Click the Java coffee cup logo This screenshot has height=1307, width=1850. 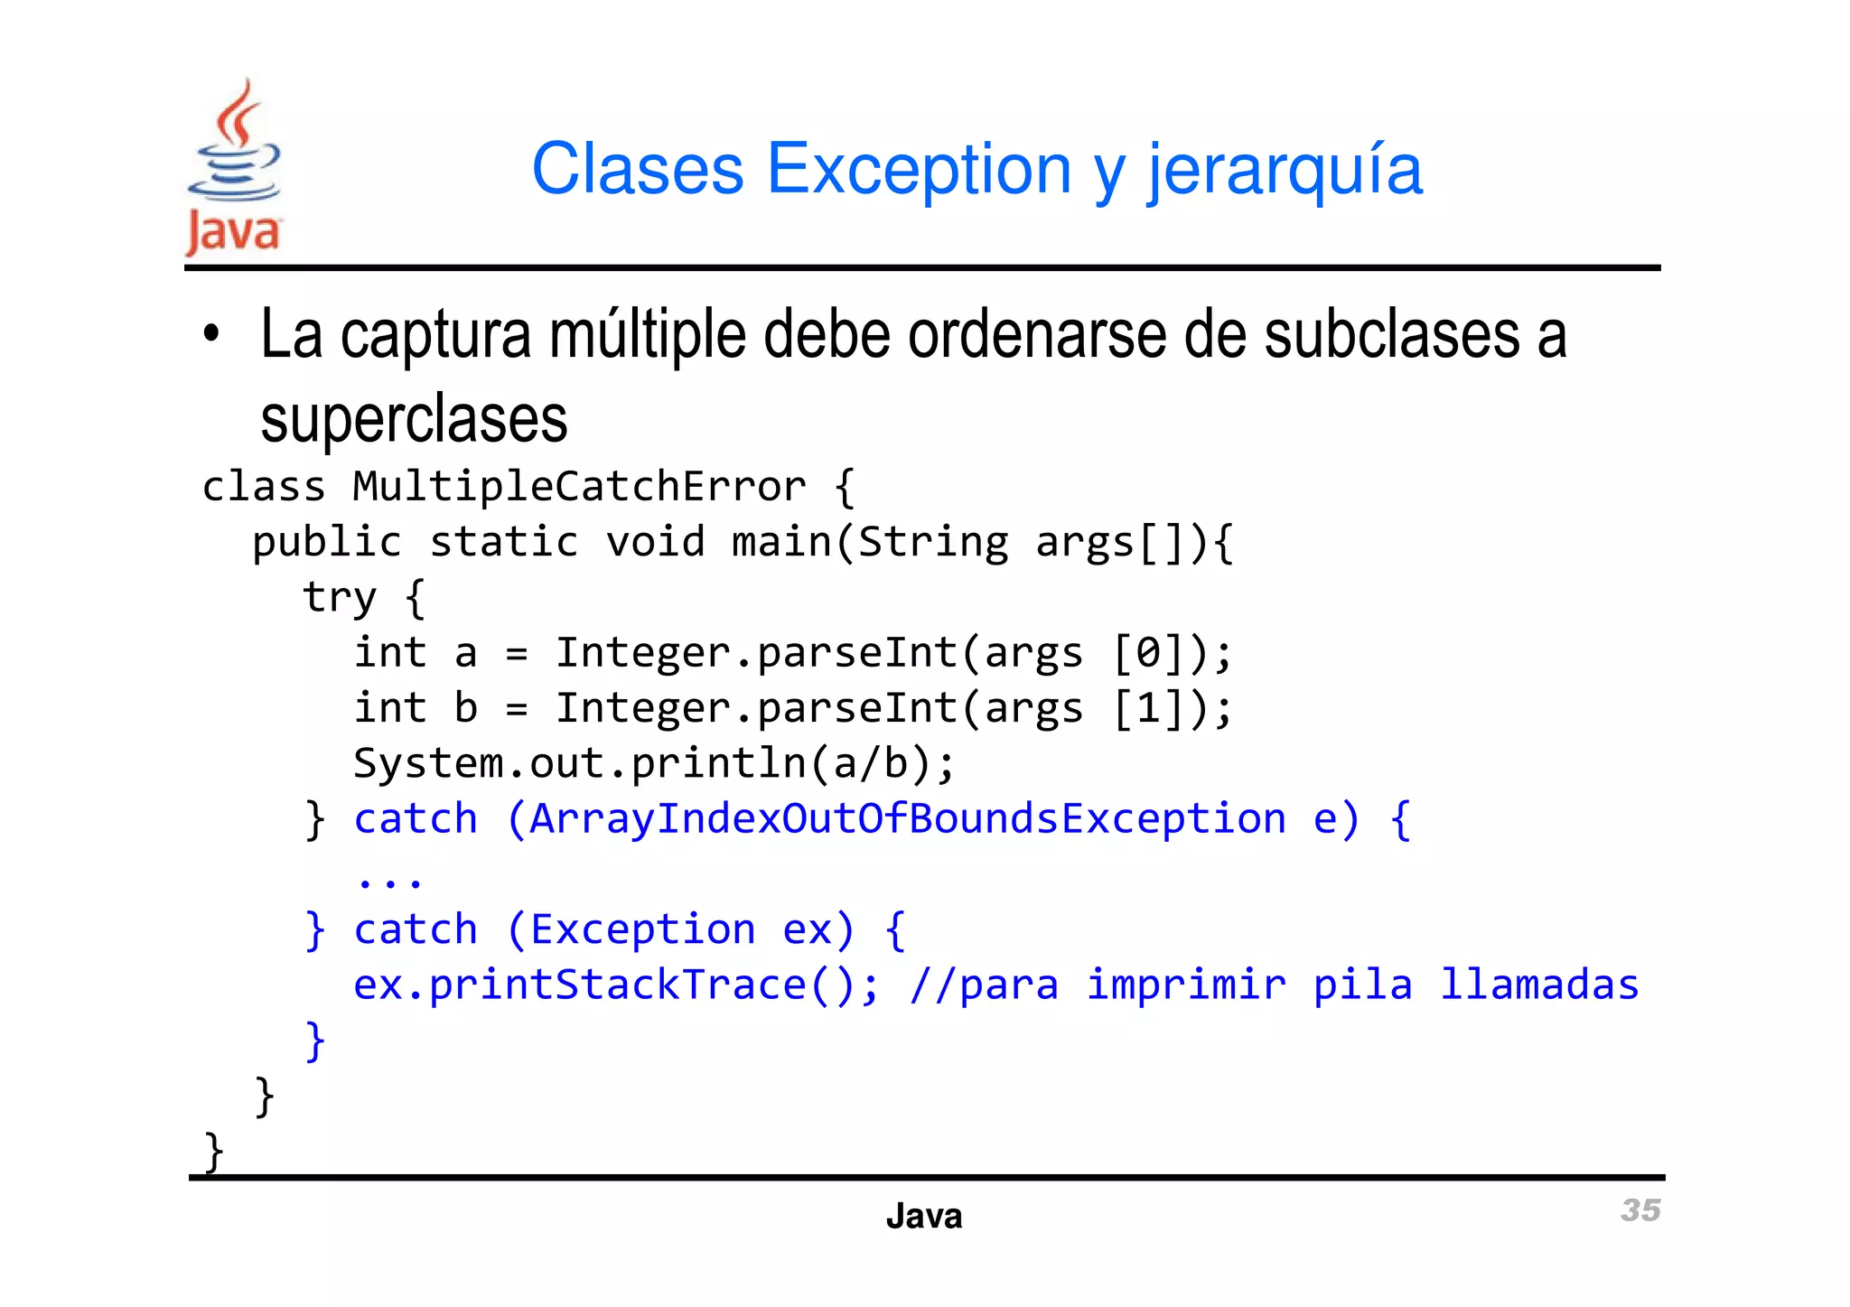click(x=233, y=167)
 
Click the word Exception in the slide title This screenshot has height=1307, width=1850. click(x=918, y=169)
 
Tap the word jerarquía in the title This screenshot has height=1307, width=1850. click(x=1285, y=172)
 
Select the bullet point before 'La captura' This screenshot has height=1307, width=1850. click(x=211, y=334)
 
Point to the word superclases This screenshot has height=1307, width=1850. click(x=414, y=419)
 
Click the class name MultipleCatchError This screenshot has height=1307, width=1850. click(x=579, y=487)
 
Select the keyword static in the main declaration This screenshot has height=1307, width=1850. click(x=503, y=543)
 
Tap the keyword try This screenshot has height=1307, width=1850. click(x=339, y=599)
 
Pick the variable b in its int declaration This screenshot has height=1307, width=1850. click(x=465, y=708)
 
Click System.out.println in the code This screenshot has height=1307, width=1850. click(x=579, y=764)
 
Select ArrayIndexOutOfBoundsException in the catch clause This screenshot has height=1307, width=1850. click(x=907, y=819)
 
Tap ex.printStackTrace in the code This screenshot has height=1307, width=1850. click(x=579, y=985)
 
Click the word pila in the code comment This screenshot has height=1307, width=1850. click(x=1362, y=985)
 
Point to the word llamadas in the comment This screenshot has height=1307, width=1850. click(x=1538, y=985)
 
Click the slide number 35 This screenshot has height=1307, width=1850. click(x=1640, y=1210)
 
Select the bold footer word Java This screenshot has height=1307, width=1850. click(x=924, y=1217)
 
